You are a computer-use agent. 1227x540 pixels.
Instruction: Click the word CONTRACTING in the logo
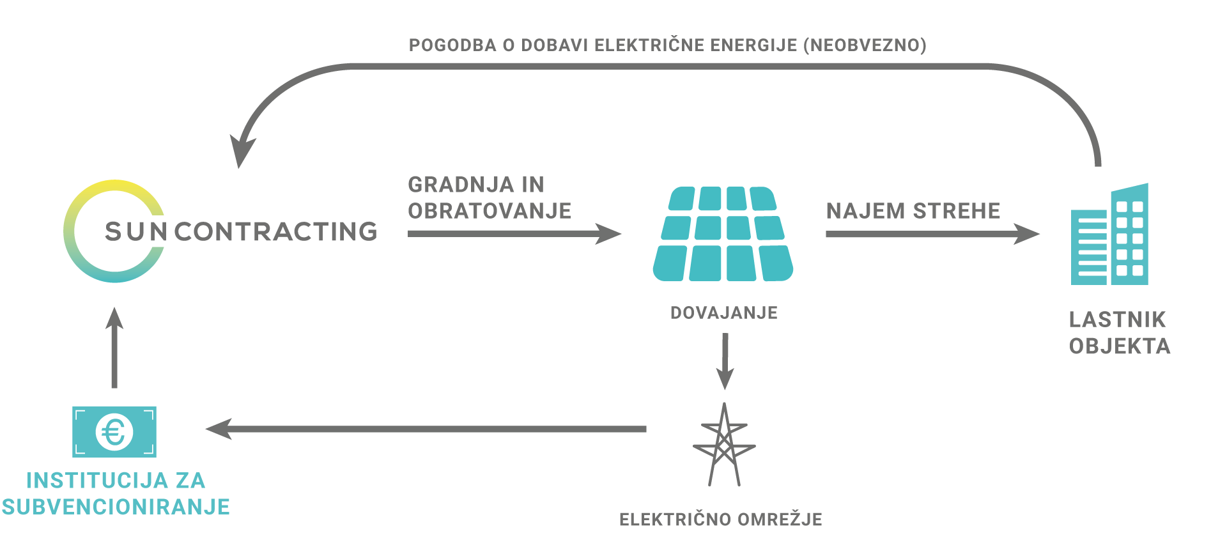276,231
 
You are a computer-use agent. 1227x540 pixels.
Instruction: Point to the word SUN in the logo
136,231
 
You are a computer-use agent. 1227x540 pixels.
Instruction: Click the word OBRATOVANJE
490,211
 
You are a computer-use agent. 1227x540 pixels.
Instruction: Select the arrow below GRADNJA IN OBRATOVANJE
514,234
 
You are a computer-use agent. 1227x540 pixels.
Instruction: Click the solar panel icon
723,234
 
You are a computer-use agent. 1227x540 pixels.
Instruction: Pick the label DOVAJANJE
724,313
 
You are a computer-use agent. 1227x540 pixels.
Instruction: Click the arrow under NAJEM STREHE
933,234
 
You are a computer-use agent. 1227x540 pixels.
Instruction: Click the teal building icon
1109,234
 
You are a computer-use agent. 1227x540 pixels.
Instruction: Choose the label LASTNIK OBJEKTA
1120,333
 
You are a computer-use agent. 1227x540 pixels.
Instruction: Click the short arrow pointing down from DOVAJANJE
725,361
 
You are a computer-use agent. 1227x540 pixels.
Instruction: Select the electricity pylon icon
724,444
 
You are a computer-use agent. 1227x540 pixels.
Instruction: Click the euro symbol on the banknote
114,433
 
